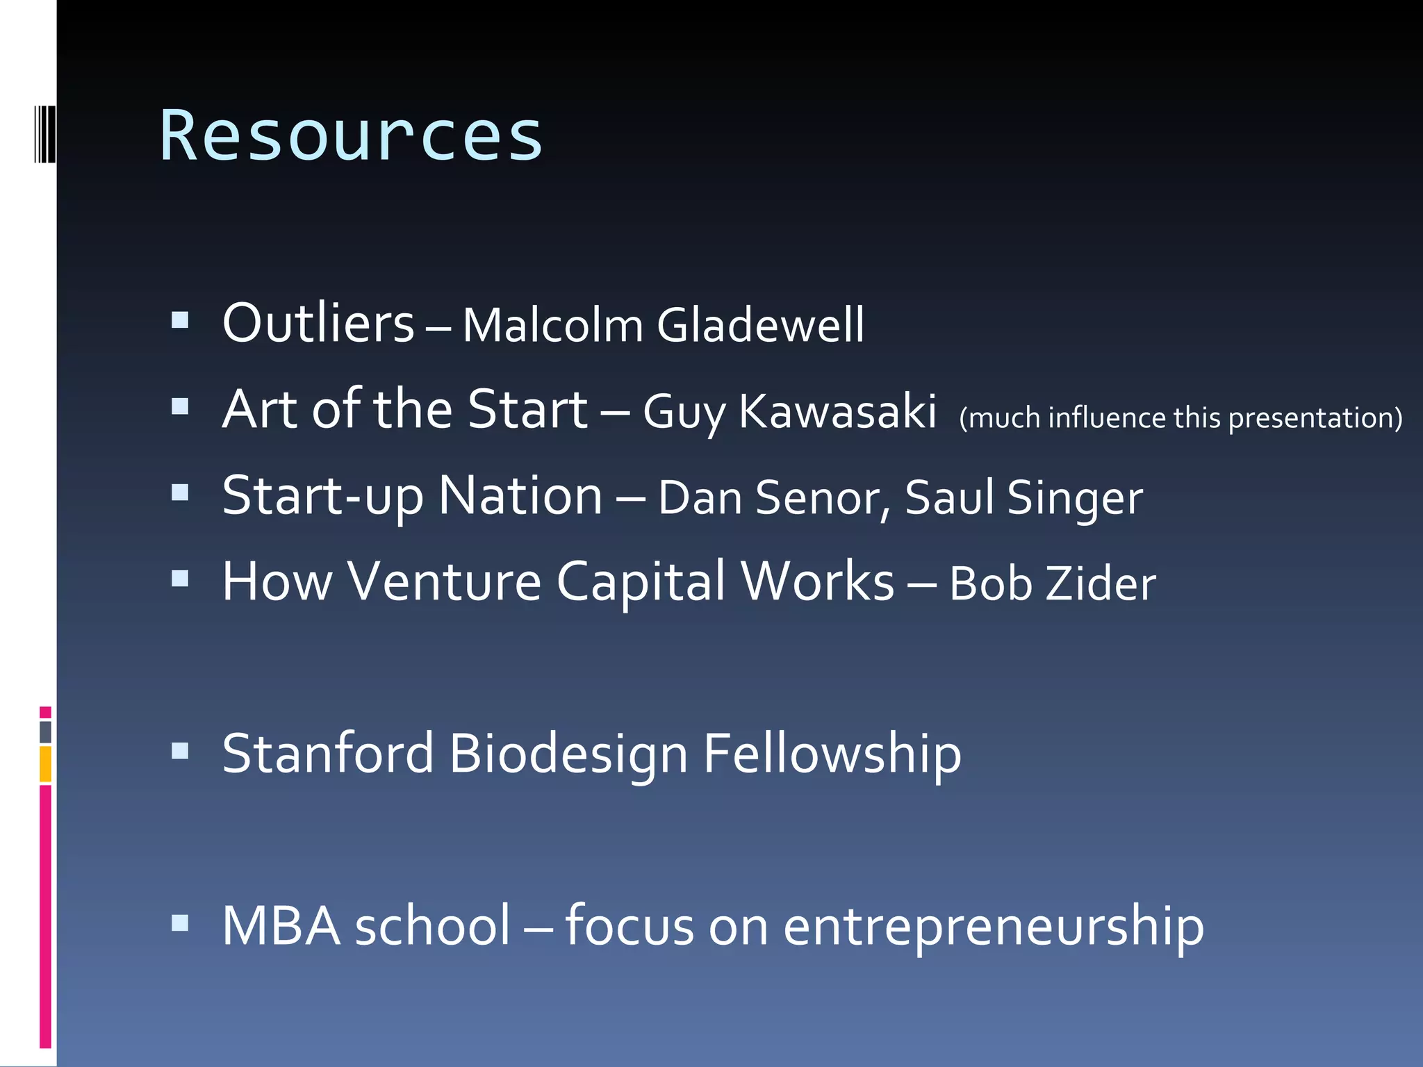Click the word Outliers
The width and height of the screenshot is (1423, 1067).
click(x=318, y=324)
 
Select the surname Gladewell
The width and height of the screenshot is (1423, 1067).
click(x=760, y=325)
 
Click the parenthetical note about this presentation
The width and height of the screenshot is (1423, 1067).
click(x=1180, y=418)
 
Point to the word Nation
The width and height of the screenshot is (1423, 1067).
click(x=520, y=497)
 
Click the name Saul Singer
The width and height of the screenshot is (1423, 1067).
click(x=1023, y=498)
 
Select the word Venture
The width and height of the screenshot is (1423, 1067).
click(x=444, y=582)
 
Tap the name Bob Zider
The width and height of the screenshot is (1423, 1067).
click(x=1052, y=584)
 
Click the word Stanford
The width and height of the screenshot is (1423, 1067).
click(x=328, y=754)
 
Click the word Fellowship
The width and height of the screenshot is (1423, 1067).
click(x=832, y=754)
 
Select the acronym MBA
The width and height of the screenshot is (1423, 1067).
click(x=281, y=926)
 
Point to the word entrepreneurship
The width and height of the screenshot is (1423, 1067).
click(x=994, y=927)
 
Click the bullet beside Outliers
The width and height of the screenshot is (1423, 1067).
click(x=180, y=320)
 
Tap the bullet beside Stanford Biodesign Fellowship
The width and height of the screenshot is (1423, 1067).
click(x=180, y=751)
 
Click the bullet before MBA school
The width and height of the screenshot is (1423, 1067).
click(x=180, y=923)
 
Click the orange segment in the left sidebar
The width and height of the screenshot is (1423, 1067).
click(x=46, y=764)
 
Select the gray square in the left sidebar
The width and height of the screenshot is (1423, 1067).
click(x=46, y=731)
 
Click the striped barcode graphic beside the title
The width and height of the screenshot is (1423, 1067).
click(x=45, y=134)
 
